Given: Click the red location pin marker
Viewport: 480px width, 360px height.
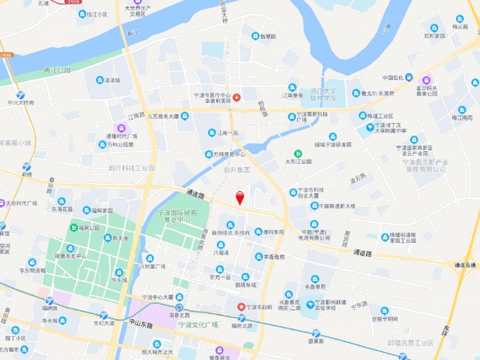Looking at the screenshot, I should click(240, 197).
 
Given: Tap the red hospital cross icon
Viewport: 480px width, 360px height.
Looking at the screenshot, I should click(236, 97).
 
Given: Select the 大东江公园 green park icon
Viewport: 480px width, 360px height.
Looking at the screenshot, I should click(299, 153).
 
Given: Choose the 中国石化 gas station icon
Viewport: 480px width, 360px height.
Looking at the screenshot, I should click(408, 77).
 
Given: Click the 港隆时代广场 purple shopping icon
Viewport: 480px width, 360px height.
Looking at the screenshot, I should click(121, 128).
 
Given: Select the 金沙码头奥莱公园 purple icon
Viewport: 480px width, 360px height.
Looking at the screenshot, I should click(427, 80).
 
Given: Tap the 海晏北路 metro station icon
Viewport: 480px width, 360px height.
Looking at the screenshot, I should click(179, 307).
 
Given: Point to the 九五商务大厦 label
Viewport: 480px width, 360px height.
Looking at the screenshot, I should click(163, 116).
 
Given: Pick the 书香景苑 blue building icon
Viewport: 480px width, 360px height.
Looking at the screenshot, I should click(315, 279).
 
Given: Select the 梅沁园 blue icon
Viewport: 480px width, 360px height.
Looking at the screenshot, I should click(460, 19).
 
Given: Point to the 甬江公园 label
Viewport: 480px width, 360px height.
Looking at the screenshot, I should click(57, 70).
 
